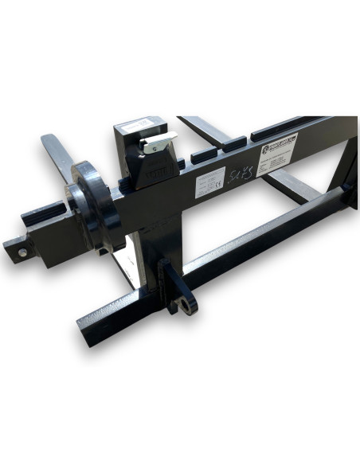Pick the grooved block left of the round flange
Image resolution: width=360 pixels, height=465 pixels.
coord(48,214)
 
